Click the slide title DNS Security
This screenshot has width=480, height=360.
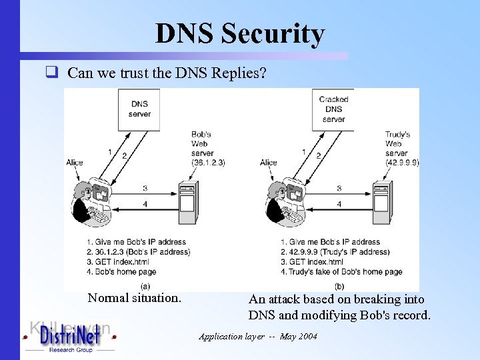point(239,33)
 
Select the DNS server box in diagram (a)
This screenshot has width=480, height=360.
point(139,108)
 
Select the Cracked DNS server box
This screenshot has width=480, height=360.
point(333,109)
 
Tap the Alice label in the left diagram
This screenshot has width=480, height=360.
point(75,163)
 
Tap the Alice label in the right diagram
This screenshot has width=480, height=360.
point(269,163)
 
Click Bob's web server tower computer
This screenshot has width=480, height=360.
point(187,204)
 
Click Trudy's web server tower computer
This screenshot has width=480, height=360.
point(381,204)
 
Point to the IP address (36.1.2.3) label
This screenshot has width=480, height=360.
point(209,162)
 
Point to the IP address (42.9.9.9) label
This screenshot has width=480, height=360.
point(402,162)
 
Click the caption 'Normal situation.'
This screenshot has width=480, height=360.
point(134,298)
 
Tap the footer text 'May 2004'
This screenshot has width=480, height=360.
point(299,337)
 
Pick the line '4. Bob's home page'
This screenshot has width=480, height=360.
point(121,271)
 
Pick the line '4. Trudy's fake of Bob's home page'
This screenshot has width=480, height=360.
point(341,271)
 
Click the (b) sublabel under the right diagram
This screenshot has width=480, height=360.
point(339,285)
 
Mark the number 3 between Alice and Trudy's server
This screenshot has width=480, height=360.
point(339,189)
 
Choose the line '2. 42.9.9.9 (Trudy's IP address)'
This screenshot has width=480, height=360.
point(335,252)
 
